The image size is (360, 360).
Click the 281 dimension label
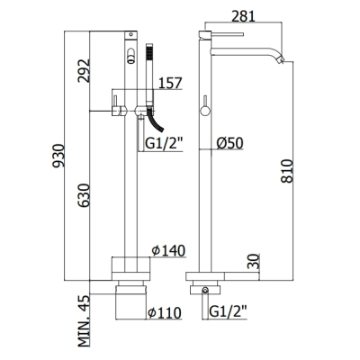(243, 16)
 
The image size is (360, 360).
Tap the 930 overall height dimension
(58, 156)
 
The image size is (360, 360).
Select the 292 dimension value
(84, 71)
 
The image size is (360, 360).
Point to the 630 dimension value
(84, 195)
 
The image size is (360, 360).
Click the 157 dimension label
(170, 84)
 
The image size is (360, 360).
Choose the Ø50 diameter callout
(229, 143)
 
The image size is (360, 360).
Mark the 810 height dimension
(287, 171)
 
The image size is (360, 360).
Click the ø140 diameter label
(168, 251)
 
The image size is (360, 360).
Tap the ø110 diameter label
(165, 313)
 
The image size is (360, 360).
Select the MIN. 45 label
(84, 320)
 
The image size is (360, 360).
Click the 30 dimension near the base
(254, 261)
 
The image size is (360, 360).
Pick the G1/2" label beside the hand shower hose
(164, 144)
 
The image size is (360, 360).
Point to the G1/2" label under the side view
(228, 311)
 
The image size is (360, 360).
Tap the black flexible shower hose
(156, 122)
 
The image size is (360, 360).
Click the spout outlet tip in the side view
(281, 59)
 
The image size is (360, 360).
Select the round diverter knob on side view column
(205, 111)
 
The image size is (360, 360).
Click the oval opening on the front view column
(130, 56)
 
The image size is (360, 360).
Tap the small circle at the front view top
(130, 34)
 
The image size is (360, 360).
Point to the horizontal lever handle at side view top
(228, 34)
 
